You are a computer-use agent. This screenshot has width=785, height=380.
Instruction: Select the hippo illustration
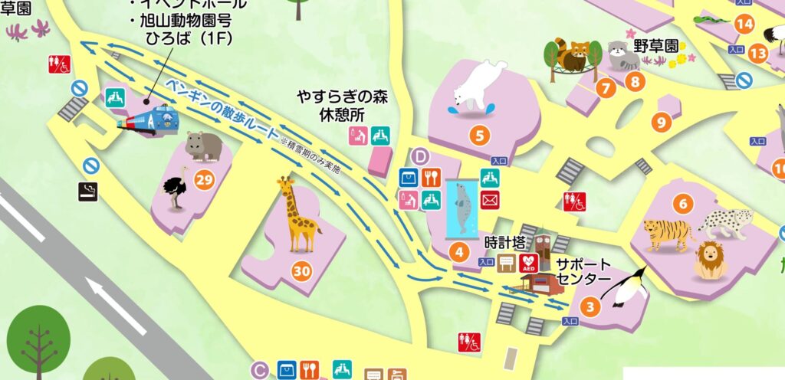click(203, 146)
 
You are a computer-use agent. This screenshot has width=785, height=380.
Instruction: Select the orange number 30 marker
click(302, 270)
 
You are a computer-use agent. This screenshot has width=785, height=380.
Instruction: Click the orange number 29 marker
click(204, 180)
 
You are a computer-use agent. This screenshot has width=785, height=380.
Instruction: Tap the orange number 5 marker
click(480, 137)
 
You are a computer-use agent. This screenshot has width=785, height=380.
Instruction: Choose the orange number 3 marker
click(590, 308)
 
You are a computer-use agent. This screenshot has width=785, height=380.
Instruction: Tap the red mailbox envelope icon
click(489, 200)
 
